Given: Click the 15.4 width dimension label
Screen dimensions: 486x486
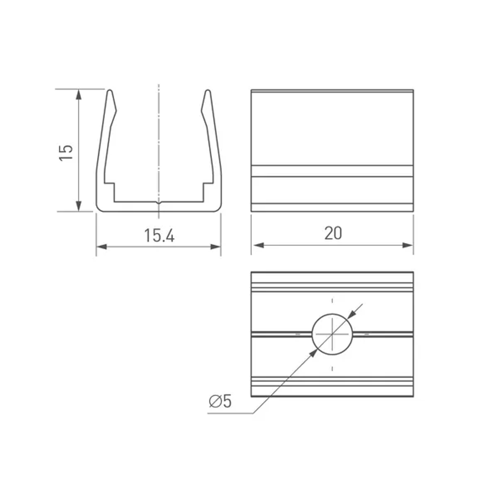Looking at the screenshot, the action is tap(159, 236).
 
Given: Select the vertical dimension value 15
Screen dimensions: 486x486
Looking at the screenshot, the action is tap(66, 153).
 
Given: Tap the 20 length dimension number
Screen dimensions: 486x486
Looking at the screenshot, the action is tap(333, 233).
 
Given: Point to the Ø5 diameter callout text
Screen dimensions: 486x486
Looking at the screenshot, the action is tap(220, 401).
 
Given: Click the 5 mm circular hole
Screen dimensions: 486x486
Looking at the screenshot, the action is tap(332, 334).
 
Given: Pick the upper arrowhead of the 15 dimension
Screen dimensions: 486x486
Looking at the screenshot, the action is tap(79, 94).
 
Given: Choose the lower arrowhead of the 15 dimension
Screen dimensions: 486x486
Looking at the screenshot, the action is tap(79, 206).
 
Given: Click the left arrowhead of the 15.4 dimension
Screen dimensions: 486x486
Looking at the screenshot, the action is tap(102, 247).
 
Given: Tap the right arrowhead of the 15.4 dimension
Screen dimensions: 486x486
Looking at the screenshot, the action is tap(215, 247).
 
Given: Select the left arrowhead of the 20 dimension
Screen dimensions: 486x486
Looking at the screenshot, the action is tap(259, 245).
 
